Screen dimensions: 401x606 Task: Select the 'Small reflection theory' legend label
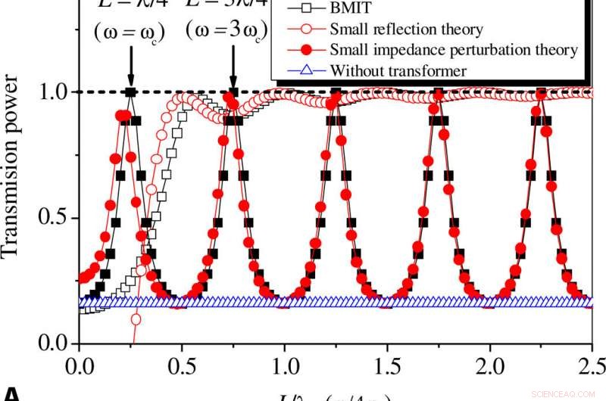406,30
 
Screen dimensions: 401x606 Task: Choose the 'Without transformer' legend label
398,70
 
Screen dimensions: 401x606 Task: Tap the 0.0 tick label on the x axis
78,365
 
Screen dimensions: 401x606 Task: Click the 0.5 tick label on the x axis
181,365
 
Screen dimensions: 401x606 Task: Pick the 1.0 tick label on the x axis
284,365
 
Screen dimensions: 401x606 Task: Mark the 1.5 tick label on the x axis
387,365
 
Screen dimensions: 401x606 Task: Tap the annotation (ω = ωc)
130,33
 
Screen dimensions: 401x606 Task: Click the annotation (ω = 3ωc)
228,33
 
